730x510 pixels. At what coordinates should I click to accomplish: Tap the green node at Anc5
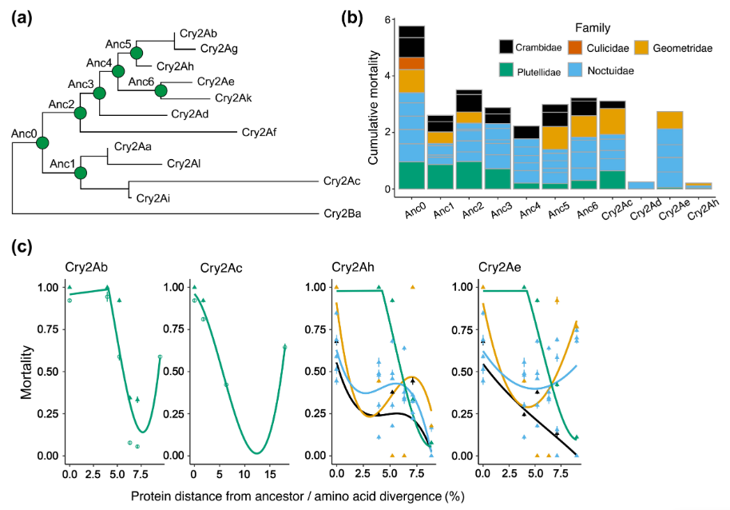136,54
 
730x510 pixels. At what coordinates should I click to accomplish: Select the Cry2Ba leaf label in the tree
343,214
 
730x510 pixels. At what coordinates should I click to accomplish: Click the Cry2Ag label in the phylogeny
219,48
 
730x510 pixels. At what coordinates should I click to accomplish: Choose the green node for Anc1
80,173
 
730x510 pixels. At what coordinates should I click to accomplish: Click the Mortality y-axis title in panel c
27,372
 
